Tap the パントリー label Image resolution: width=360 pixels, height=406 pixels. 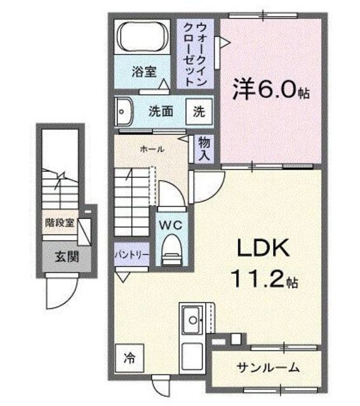pos(131,254)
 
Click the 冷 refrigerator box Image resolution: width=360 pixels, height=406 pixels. pos(129,357)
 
